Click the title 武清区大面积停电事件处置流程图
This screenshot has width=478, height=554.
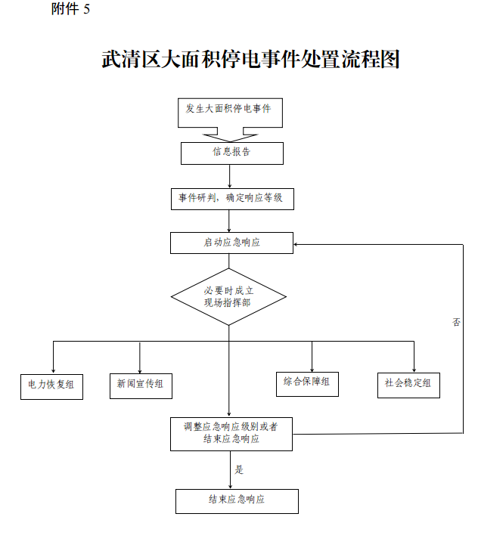[x=250, y=60]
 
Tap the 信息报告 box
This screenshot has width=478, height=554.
[x=231, y=153]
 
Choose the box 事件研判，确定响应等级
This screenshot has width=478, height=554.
[x=231, y=199]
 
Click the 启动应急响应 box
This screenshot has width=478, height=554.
[x=231, y=243]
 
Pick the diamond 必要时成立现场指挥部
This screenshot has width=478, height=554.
[x=228, y=296]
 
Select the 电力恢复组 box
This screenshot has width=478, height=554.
[x=51, y=385]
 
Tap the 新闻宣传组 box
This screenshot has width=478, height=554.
[x=140, y=385]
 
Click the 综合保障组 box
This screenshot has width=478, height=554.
[x=307, y=382]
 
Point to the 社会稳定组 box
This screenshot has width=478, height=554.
[x=408, y=384]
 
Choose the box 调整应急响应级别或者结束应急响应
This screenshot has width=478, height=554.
[x=231, y=433]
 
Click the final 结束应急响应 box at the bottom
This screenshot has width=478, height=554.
[x=237, y=500]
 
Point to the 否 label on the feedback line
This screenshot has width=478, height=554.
[x=457, y=322]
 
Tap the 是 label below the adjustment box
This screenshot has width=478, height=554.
[x=240, y=469]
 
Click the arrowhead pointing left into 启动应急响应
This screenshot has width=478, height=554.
[x=297, y=244]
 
